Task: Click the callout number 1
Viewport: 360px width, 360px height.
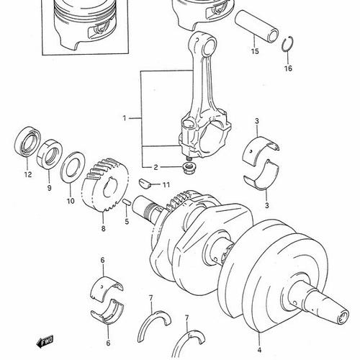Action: tap(124, 117)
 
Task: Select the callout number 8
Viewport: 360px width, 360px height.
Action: tap(103, 228)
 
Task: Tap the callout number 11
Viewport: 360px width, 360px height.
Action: tap(166, 185)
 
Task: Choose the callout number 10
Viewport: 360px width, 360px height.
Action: tap(71, 202)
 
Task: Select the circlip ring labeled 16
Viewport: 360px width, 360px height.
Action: tap(287, 47)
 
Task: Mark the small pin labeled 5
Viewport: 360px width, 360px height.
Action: tap(127, 204)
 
